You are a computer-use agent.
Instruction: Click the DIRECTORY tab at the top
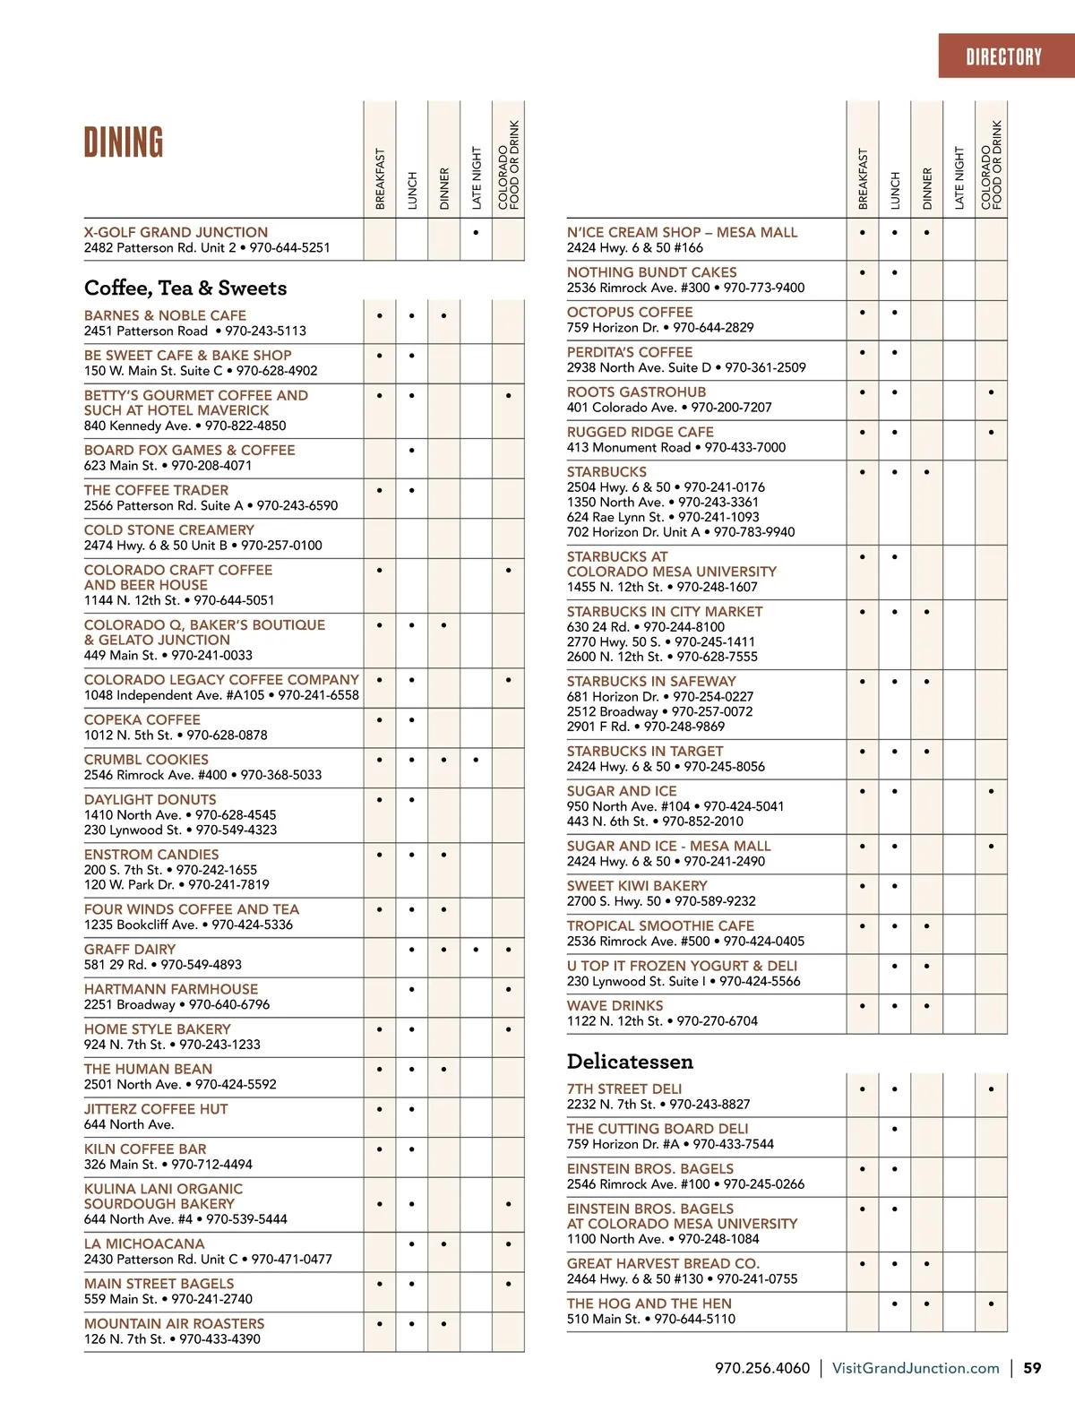pos(1003,57)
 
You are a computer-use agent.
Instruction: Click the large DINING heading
pos(124,143)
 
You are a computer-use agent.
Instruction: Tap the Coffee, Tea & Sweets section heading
pos(185,288)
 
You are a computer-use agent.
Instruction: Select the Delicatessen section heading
pos(630,1062)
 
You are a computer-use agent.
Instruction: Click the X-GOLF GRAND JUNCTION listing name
pos(176,232)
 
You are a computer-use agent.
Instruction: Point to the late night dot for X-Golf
pos(476,232)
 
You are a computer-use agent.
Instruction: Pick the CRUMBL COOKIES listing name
pos(146,760)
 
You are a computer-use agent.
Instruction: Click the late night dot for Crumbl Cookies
pos(476,760)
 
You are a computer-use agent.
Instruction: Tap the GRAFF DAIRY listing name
pos(130,950)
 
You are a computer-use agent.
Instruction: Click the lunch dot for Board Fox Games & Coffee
pos(411,451)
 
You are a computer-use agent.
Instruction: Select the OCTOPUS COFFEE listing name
pos(630,313)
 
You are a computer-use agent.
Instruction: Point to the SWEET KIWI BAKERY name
pos(637,886)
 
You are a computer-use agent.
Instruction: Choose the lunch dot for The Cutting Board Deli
pos(894,1129)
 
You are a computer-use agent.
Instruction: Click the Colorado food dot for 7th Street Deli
pos(991,1089)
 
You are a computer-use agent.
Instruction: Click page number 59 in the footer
pos(1032,1368)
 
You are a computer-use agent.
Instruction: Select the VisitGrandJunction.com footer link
pos(916,1368)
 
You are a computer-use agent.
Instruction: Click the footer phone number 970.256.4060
pos(761,1368)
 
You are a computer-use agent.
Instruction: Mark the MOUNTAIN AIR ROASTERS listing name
pos(174,1323)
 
